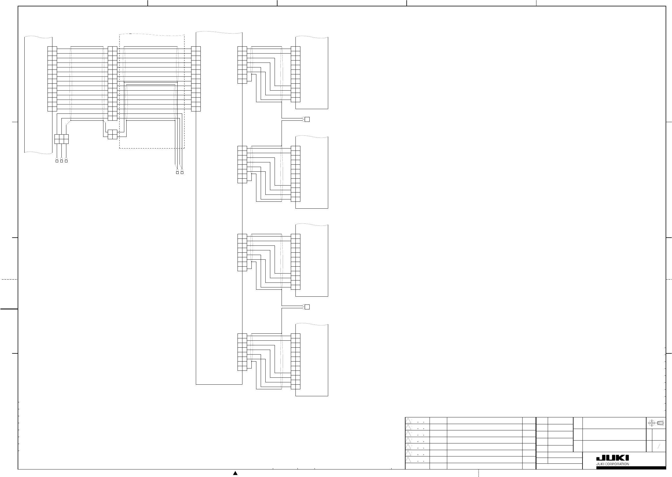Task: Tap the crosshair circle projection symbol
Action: [x=651, y=423]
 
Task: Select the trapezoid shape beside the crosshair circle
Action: [x=660, y=423]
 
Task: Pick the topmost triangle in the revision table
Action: [x=408, y=421]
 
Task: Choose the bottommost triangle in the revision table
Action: [x=408, y=460]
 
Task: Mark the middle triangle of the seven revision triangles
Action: [x=408, y=440]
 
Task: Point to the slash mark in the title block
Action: [x=659, y=447]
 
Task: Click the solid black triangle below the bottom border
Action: [x=235, y=473]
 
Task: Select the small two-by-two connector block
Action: [x=112, y=134]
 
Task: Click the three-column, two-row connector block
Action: [x=61, y=139]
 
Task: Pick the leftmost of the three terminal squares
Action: [x=57, y=161]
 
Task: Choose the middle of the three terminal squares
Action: [x=61, y=161]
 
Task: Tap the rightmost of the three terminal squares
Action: [x=66, y=161]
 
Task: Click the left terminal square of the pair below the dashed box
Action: [x=177, y=173]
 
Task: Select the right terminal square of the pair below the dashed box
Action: [x=182, y=173]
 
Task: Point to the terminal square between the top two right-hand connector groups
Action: [x=307, y=119]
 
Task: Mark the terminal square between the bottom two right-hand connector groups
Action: [x=307, y=307]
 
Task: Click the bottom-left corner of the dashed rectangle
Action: [x=120, y=148]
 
